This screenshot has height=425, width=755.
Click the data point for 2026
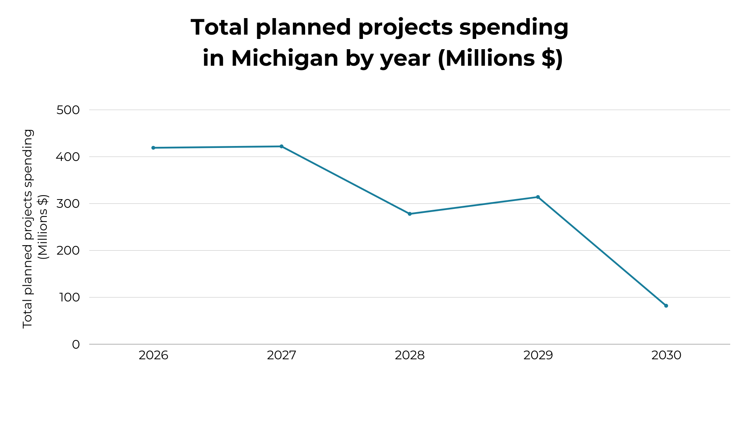153,148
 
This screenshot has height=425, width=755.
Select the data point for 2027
282,146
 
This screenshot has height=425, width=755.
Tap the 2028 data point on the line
410,214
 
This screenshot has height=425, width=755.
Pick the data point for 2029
538,197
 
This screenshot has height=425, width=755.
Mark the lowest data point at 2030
666,306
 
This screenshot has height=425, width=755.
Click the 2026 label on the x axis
153,355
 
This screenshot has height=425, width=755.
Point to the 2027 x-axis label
282,355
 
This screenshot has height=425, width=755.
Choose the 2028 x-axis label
410,355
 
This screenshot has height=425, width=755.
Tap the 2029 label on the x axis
538,355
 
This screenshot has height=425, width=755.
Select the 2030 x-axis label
666,355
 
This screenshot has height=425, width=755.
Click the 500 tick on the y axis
68,110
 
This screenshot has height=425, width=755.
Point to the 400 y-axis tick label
68,157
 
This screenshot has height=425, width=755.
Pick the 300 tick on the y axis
68,204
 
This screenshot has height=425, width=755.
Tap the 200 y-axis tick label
68,251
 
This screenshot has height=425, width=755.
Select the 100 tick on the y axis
69,297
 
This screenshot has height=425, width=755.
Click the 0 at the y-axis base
76,345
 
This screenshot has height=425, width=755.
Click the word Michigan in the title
285,58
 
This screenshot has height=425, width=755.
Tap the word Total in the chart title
220,28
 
